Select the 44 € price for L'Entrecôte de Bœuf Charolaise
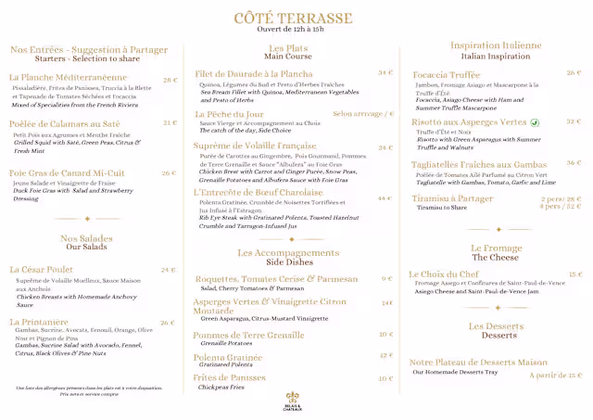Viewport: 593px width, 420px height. (385, 197)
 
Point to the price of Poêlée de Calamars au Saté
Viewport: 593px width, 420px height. (170, 122)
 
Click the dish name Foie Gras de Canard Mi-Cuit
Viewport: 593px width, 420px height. (67, 172)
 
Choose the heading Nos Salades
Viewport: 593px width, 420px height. (87, 238)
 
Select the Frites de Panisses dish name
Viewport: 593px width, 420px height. (229, 377)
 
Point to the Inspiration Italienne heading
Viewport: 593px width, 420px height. (496, 45)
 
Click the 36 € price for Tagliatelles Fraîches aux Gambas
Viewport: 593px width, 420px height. (574, 163)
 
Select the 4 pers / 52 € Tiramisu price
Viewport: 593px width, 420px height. (561, 207)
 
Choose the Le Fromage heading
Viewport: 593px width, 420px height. (496, 248)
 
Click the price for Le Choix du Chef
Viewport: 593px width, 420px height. (575, 274)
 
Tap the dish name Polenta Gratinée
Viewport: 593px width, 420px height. (228, 356)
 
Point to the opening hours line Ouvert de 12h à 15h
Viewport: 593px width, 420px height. (293, 30)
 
